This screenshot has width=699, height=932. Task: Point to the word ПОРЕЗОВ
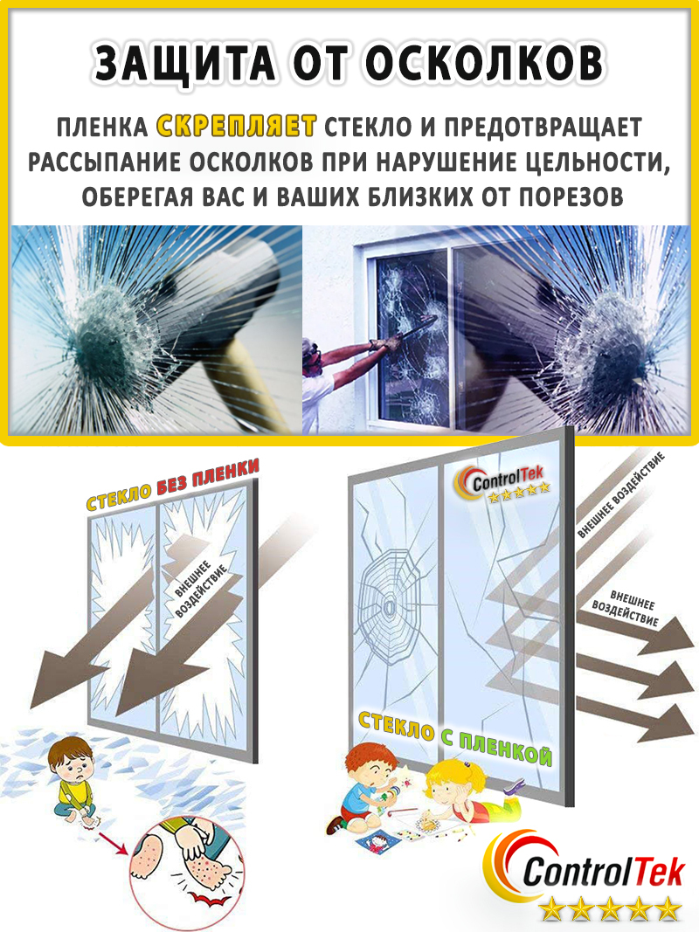(x=571, y=197)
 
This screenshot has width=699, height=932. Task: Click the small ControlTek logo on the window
(x=502, y=486)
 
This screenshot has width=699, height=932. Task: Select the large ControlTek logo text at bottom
(x=602, y=872)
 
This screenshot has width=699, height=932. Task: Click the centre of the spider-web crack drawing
(x=390, y=607)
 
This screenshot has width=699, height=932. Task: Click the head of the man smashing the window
(x=311, y=356)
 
